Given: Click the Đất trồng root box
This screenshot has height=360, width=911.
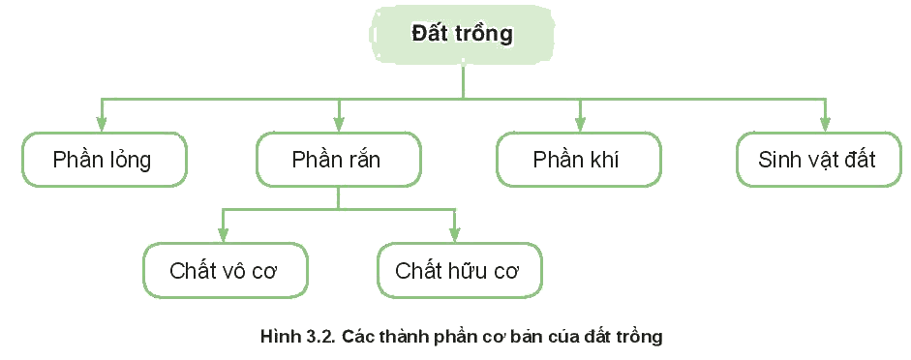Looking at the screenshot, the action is coord(462,34).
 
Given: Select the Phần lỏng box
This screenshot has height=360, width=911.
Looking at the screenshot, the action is coord(105,160).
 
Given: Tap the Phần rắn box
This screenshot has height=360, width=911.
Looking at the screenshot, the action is coord(339,160).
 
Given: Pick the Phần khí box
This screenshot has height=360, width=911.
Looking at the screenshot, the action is coord(579,160).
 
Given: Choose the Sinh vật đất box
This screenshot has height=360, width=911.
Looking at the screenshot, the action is coord(819,160).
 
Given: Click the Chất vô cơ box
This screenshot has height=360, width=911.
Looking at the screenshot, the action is coord(226,271).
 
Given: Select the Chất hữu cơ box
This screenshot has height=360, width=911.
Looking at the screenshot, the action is coord(460,271).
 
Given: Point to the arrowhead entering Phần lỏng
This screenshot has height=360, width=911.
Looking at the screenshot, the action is coord(102,124).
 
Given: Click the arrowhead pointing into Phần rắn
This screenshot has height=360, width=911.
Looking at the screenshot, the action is coord(339,124).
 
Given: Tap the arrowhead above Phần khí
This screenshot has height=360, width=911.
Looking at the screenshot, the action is coord(579,124).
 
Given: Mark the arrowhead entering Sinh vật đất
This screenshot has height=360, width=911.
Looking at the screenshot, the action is coord(824,124).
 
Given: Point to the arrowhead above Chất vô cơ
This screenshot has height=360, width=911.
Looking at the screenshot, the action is coord(223,234).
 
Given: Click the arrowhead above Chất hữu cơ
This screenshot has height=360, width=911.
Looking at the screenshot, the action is coord(454,234).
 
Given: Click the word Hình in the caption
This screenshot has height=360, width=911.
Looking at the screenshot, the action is coord(278,337).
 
